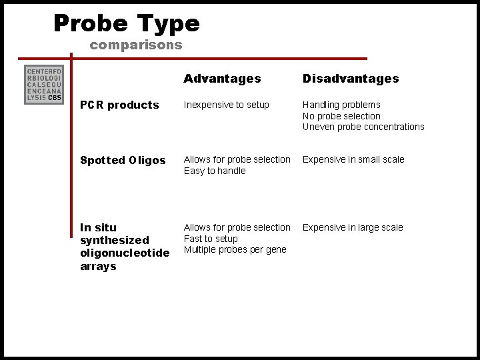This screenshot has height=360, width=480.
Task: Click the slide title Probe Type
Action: (x=127, y=24)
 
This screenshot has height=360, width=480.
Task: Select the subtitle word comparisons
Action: (x=135, y=45)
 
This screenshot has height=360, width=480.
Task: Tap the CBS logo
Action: (x=43, y=85)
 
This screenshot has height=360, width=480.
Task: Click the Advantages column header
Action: (x=222, y=79)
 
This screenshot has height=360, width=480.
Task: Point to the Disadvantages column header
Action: (x=351, y=79)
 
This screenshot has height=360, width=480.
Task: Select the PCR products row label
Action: (x=119, y=105)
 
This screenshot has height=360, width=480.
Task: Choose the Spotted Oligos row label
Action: (x=123, y=160)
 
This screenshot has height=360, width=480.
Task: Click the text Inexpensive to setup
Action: (x=226, y=105)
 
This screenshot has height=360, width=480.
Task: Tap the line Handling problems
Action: (x=341, y=105)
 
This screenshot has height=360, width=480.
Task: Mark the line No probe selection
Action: (x=341, y=116)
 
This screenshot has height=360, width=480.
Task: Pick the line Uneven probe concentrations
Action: (x=363, y=127)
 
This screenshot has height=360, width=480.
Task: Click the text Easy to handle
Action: (x=215, y=171)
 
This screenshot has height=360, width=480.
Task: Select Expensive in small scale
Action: (x=353, y=159)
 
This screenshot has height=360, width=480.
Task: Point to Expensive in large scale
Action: (x=353, y=227)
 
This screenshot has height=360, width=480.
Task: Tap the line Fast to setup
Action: (x=211, y=239)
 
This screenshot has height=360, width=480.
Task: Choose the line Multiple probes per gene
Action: (x=235, y=249)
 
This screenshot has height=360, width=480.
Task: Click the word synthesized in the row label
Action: (x=115, y=240)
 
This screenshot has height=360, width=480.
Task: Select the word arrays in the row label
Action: (x=98, y=267)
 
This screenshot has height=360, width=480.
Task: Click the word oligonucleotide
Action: (x=125, y=253)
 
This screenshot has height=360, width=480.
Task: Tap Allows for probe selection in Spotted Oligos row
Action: (x=237, y=159)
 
